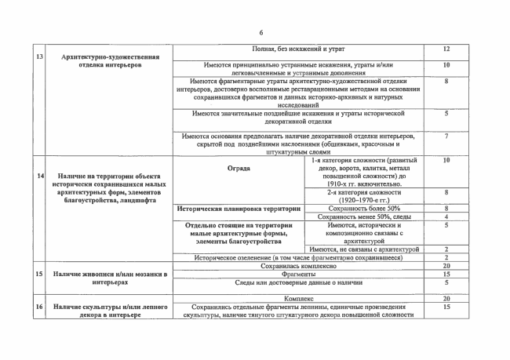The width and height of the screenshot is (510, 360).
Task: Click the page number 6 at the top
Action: pyautogui.click(x=261, y=31)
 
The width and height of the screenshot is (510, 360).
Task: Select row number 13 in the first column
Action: pyautogui.click(x=39, y=56)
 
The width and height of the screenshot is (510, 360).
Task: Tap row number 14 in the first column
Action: pyautogui.click(x=39, y=175)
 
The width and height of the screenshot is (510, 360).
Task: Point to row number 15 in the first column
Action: pyautogui.click(x=39, y=273)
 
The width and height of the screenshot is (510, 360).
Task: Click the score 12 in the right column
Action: pyautogui.click(x=446, y=49)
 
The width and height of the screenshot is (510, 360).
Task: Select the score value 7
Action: pyautogui.click(x=446, y=136)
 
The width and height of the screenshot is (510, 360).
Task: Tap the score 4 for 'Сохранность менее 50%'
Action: pyautogui.click(x=446, y=216)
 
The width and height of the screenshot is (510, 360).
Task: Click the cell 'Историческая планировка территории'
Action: pyautogui.click(x=239, y=209)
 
